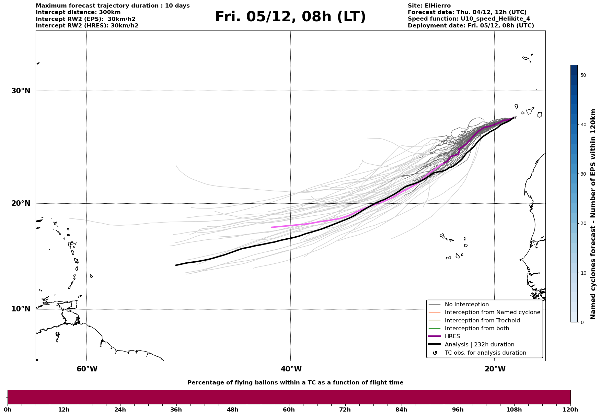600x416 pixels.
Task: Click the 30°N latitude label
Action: pos(21,91)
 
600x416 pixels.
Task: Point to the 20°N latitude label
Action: pos(21,203)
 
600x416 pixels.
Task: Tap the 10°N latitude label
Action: pos(21,309)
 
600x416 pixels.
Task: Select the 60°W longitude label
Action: pos(87,369)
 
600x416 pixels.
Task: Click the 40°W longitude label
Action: pos(291,369)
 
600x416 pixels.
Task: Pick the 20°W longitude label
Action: pos(495,369)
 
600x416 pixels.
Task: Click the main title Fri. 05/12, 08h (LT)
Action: pos(290,17)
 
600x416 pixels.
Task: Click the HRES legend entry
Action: pos(452,336)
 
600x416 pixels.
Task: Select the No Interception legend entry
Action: pos(466,305)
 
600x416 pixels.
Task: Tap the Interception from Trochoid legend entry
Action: pos(482,321)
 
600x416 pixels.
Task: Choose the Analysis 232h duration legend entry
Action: pos(479,345)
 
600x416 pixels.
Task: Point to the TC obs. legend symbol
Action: pos(435,353)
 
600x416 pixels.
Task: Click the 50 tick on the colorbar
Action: pos(583,75)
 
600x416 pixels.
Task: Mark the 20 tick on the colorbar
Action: pos(583,224)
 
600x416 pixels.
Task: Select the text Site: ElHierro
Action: pos(429,6)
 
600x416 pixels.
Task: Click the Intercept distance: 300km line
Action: pos(78,12)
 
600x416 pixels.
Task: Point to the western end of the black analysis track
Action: pos(176,265)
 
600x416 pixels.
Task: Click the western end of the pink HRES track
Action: pos(272,227)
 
